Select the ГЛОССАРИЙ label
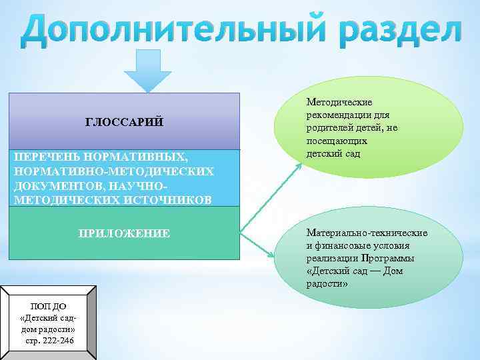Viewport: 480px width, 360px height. tap(124, 122)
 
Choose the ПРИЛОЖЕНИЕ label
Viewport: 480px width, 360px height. tap(124, 233)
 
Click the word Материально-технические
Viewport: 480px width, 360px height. tap(367, 233)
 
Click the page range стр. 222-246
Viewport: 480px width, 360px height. tap(47, 341)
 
